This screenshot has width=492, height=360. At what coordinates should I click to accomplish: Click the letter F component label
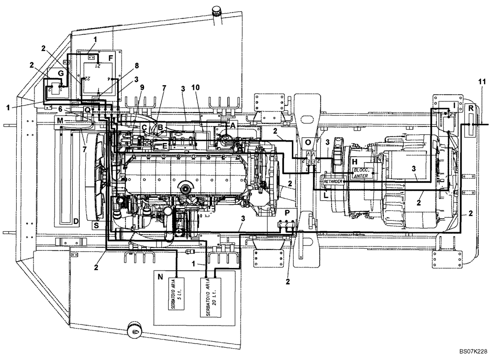click(x=111, y=58)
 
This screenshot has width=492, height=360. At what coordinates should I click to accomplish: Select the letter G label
click(x=61, y=73)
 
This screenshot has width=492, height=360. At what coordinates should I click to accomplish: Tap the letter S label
click(x=96, y=225)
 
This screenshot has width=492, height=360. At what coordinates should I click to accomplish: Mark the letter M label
click(x=60, y=120)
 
